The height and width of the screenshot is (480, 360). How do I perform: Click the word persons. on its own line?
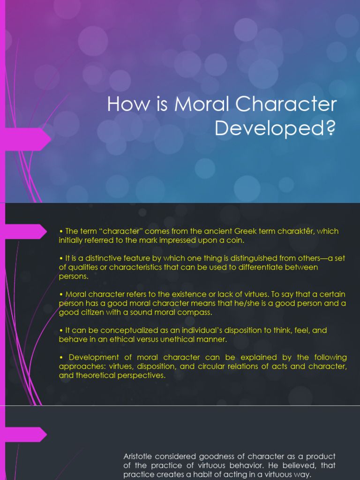coord(73,276)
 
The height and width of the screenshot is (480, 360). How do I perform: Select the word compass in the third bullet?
coord(195,312)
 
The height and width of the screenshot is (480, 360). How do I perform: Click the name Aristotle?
coord(139,456)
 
